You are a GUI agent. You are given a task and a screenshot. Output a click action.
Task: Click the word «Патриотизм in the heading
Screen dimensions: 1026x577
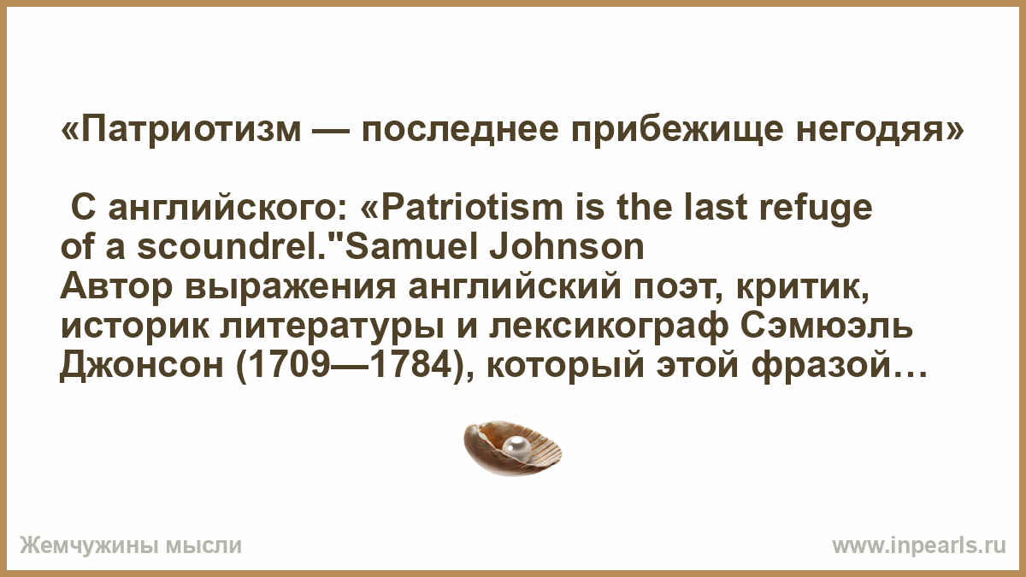click(x=181, y=130)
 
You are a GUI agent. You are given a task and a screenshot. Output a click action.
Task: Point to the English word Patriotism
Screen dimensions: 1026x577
click(x=473, y=209)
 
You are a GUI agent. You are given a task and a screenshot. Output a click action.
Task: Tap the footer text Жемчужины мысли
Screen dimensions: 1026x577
click(x=131, y=546)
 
